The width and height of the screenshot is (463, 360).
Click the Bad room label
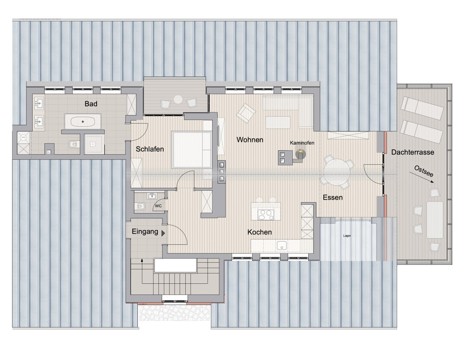tap(91, 104)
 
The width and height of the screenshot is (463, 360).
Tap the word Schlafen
tap(150, 149)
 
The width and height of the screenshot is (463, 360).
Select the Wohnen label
tap(250, 140)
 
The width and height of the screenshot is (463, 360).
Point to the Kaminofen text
tap(302, 143)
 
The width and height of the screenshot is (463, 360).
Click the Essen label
tap(333, 198)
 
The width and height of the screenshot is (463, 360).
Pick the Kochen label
tap(259, 232)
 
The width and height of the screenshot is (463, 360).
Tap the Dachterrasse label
tap(412, 152)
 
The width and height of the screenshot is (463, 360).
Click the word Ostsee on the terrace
tap(424, 171)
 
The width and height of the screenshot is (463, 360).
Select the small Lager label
tap(347, 236)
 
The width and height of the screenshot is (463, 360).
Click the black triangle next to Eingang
tap(163, 233)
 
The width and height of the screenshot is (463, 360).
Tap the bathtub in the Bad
tap(83, 122)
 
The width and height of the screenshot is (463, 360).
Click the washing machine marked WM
tap(23, 137)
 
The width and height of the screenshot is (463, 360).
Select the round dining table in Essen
tap(337, 172)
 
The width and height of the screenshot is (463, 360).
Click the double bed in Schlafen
tap(192, 149)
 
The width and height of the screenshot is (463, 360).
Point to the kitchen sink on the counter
tap(282, 245)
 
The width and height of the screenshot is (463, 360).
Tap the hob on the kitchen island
tap(266, 215)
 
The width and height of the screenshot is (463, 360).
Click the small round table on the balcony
tap(178, 99)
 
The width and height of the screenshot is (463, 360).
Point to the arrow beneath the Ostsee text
tap(421, 177)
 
